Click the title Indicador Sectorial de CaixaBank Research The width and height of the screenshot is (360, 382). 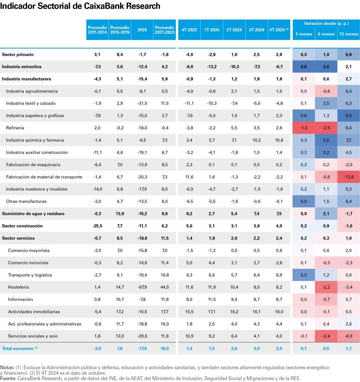click(x=80, y=6)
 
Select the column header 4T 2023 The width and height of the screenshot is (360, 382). click(x=189, y=30)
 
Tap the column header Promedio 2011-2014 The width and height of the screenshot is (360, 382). click(x=97, y=30)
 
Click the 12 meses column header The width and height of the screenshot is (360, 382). click(x=348, y=34)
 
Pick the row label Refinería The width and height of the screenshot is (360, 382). click(x=15, y=128)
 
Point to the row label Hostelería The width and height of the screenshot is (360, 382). click(x=18, y=287)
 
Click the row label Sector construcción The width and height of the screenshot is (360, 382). click(x=22, y=226)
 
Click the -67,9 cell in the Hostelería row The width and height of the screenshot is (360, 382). click(x=142, y=287)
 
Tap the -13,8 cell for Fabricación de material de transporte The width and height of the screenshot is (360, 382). click(x=348, y=177)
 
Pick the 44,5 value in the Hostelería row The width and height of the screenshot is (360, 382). click(x=164, y=287)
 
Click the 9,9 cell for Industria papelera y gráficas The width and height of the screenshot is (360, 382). click(x=348, y=116)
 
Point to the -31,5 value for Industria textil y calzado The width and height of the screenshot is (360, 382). click(x=142, y=103)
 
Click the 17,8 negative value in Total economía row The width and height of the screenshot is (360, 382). click(x=142, y=348)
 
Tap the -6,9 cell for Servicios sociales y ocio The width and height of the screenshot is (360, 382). click(x=348, y=336)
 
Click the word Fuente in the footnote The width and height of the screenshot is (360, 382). click(x=8, y=378)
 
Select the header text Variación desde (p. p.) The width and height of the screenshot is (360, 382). click(x=326, y=24)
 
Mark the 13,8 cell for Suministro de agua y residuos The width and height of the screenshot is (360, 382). click(x=119, y=214)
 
